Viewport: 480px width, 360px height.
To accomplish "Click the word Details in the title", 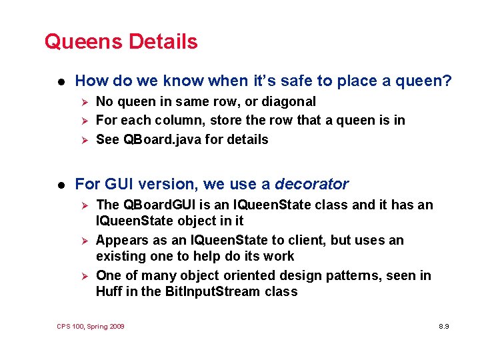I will click(163, 41).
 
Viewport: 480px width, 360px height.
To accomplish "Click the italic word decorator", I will click(311, 184).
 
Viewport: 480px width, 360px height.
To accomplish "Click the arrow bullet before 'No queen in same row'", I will click(83, 102).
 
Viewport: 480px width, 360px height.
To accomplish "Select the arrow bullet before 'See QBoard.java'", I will click(83, 140).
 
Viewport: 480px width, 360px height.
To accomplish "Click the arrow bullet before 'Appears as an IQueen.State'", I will click(83, 241).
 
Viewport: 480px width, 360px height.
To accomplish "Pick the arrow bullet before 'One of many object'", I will click(83, 276).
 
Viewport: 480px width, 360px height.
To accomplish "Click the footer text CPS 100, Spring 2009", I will click(91, 327).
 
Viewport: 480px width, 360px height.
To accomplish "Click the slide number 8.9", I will click(443, 327).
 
